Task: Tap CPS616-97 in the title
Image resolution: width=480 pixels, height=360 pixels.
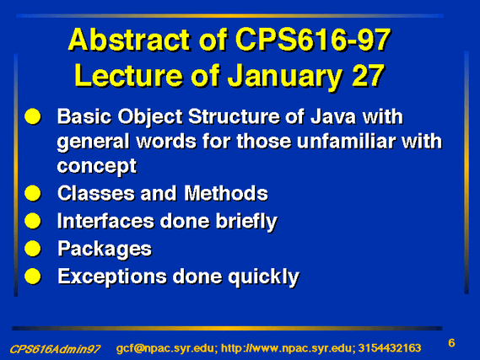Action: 313,40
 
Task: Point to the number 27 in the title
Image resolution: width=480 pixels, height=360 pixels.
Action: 368,75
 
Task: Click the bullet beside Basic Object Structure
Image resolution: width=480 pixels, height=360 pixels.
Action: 33,116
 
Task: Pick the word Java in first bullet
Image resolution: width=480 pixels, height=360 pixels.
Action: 333,116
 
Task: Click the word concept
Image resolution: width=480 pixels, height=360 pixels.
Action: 97,167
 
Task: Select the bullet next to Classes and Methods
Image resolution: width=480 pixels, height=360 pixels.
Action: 33,193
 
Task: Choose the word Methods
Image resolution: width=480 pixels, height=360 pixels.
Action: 226,193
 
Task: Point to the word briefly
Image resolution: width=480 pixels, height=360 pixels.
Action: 246,222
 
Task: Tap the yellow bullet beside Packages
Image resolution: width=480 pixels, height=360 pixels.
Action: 33,249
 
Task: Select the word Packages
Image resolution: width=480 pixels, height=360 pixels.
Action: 105,250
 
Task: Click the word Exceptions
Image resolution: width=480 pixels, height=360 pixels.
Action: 112,277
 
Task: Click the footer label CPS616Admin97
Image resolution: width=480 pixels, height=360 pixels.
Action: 55,349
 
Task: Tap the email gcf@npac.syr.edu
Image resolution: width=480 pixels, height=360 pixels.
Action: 167,348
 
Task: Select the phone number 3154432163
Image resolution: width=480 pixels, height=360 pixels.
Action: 390,348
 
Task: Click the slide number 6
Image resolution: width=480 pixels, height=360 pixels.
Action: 451,343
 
